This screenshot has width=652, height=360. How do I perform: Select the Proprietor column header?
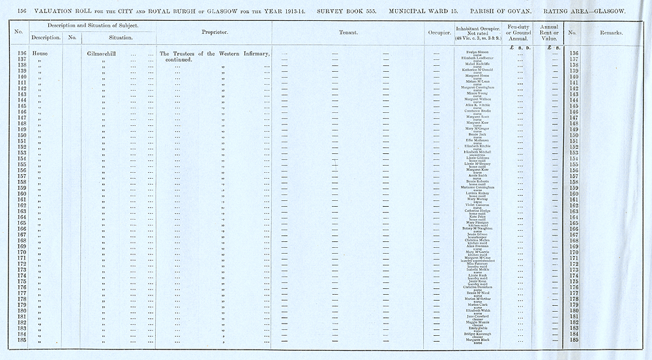pyautogui.click(x=215, y=31)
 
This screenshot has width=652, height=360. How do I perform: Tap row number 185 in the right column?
pyautogui.click(x=574, y=340)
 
